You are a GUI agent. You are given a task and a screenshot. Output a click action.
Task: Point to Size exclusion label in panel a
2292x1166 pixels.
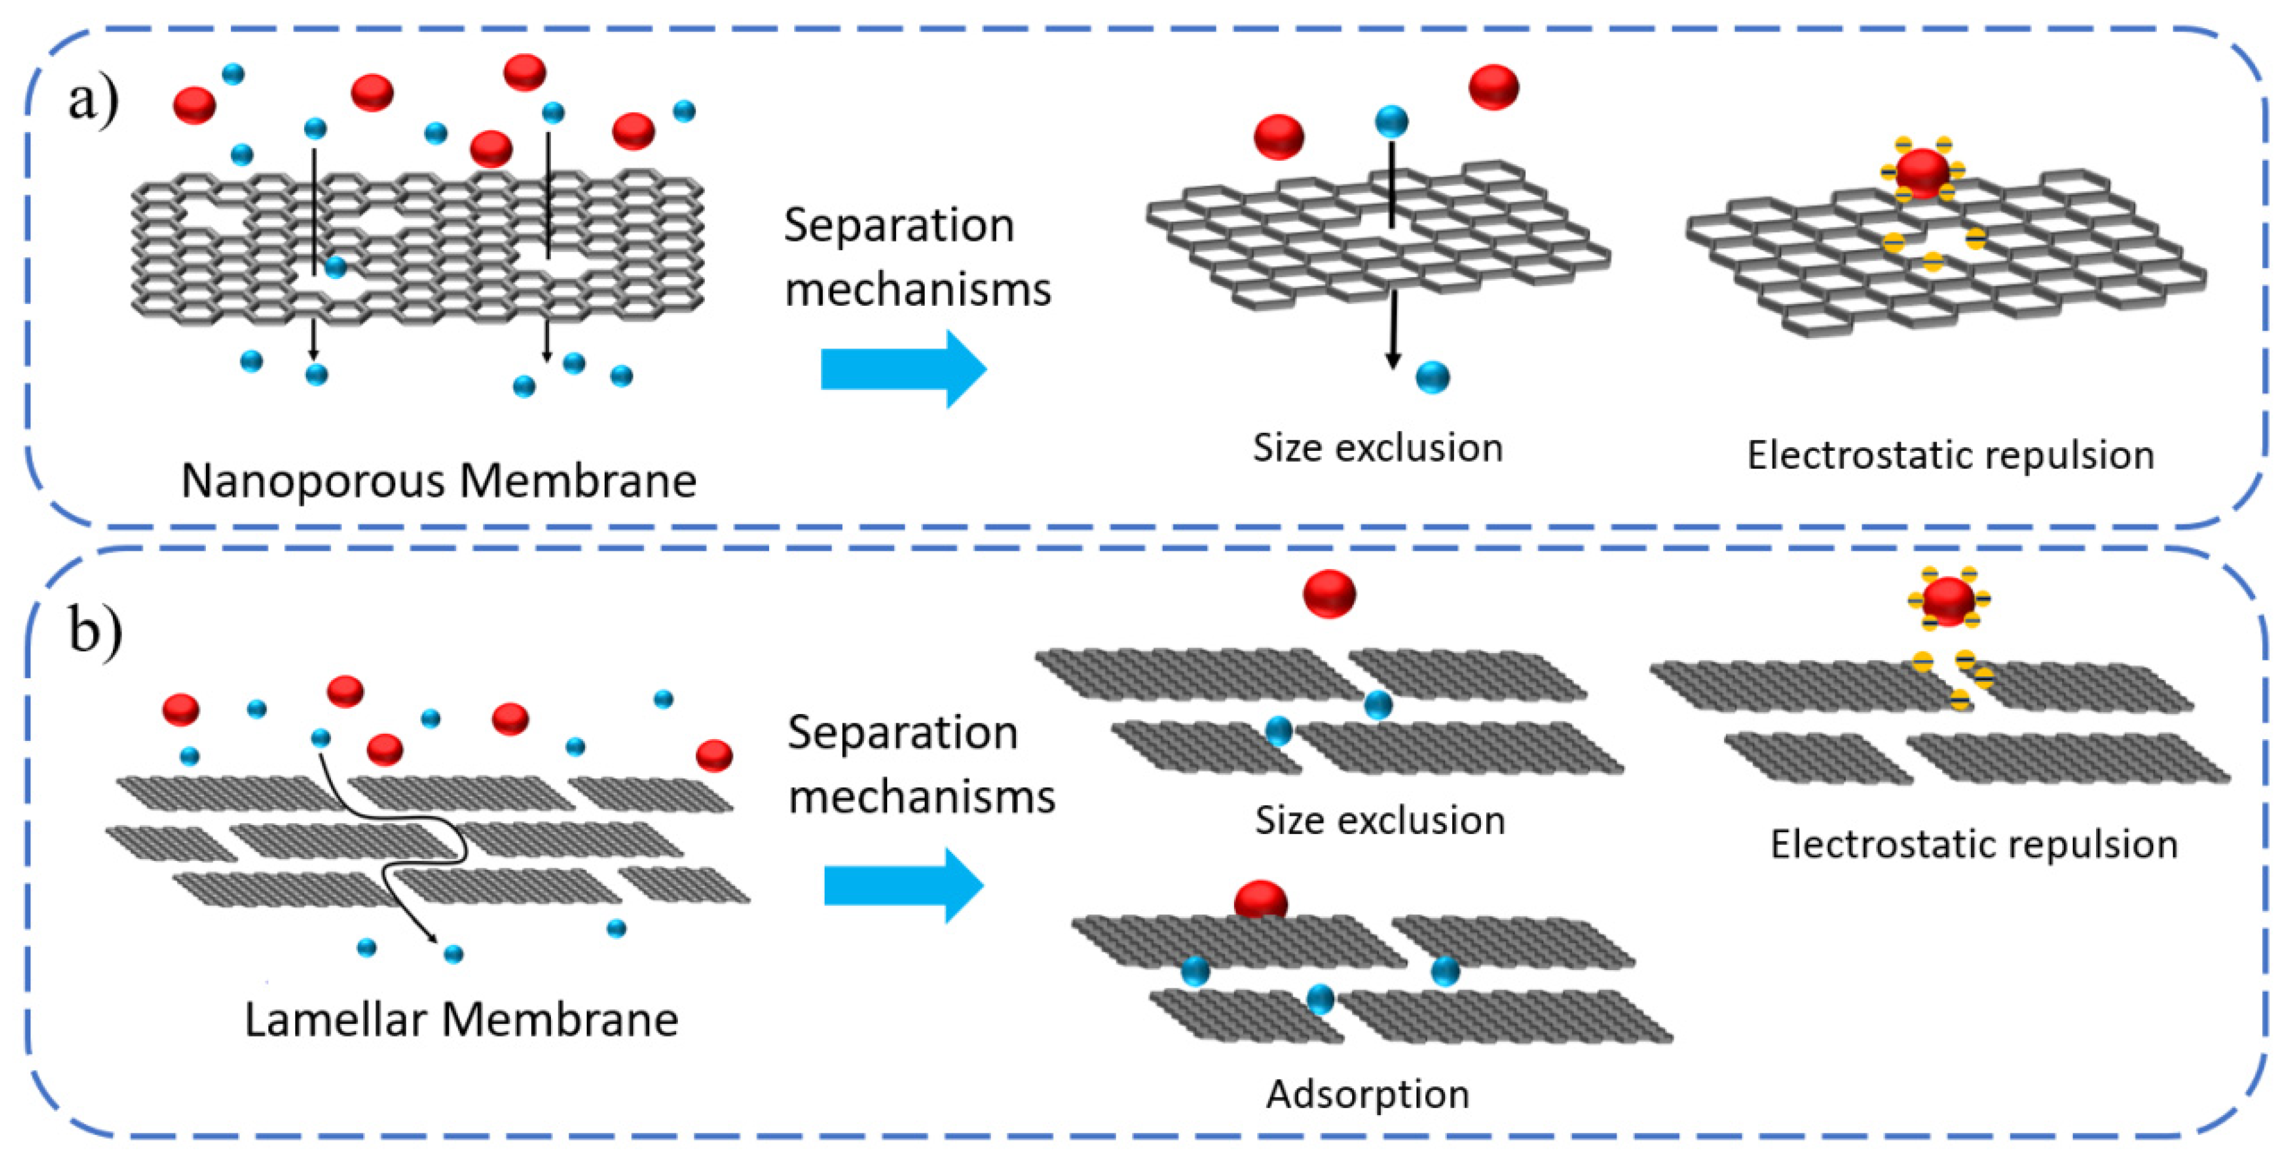point(1377,447)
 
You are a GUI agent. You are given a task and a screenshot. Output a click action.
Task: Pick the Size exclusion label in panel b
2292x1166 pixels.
point(1379,820)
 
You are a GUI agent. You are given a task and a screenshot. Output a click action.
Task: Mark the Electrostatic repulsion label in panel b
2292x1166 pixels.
point(1973,844)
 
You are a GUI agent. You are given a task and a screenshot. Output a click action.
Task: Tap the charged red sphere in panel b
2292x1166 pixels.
point(1948,601)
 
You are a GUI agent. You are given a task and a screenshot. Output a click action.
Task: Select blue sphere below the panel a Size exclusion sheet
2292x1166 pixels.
point(1432,377)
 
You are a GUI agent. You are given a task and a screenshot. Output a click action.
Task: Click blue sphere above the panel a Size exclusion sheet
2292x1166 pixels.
point(1391,121)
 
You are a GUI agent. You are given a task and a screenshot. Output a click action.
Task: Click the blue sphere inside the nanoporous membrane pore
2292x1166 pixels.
point(336,266)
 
